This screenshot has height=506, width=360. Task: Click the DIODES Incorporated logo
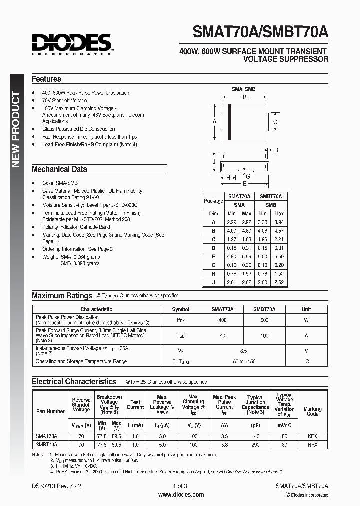[72, 44]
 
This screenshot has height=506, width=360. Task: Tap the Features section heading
[46, 79]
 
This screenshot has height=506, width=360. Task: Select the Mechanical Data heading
[59, 169]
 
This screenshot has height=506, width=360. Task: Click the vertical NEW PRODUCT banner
[16, 129]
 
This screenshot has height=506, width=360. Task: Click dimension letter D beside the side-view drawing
[276, 150]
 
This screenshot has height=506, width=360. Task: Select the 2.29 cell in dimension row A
[232, 222]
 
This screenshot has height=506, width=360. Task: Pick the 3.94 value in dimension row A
[278, 222]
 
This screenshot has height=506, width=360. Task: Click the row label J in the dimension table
[213, 282]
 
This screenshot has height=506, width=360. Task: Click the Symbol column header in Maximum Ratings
[180, 309]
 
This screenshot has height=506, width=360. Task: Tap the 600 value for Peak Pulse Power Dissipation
[264, 320]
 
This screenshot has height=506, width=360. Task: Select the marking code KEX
[312, 436]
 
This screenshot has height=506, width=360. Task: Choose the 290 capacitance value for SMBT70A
[255, 444]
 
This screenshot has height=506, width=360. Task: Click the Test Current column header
[135, 404]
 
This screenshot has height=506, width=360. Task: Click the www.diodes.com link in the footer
[181, 495]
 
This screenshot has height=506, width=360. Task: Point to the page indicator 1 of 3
[180, 486]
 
